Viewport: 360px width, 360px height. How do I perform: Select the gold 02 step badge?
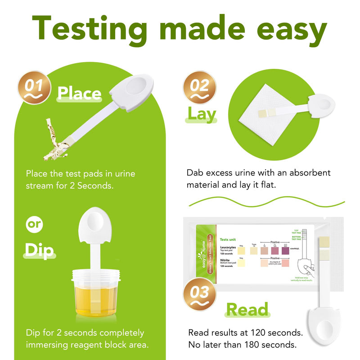pyautogui.click(x=199, y=87)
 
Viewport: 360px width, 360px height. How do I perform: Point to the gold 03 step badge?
pyautogui.click(x=199, y=295)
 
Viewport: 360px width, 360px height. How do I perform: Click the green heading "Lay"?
pyautogui.click(x=202, y=114)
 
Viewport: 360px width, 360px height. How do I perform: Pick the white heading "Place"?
pyautogui.click(x=79, y=93)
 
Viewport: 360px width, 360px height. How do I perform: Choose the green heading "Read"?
pyautogui.click(x=247, y=310)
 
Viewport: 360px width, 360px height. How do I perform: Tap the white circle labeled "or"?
pyautogui.click(x=34, y=225)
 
